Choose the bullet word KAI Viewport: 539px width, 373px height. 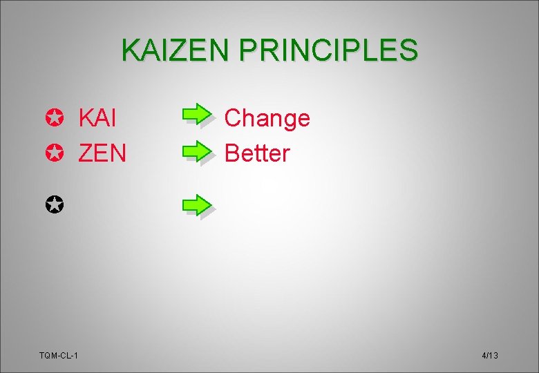(x=97, y=118)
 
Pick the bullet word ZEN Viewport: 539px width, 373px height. (x=102, y=153)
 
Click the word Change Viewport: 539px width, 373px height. (x=267, y=119)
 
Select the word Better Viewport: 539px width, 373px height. (x=257, y=153)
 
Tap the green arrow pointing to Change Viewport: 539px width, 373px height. (x=198, y=114)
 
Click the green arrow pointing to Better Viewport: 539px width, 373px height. (x=198, y=149)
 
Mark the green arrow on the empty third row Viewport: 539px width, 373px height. (x=198, y=205)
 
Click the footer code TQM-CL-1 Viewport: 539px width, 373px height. (x=59, y=355)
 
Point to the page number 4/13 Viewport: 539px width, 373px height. (x=490, y=355)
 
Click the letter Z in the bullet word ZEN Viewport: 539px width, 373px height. (x=86, y=153)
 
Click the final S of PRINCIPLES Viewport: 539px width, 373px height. (x=408, y=50)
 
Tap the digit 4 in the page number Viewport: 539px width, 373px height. (x=484, y=355)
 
